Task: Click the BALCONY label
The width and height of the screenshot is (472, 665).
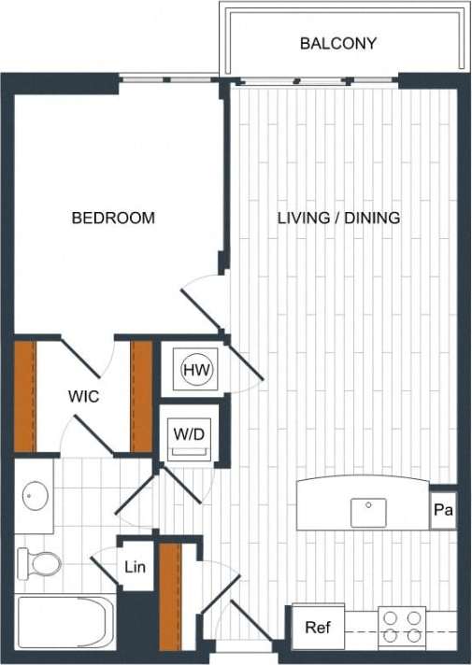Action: click(337, 43)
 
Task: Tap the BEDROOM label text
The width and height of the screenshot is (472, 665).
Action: click(113, 218)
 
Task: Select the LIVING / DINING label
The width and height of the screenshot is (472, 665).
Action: click(338, 218)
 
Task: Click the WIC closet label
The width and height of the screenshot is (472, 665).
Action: click(83, 396)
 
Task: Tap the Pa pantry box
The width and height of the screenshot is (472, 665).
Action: click(443, 510)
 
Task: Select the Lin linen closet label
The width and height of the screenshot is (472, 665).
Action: click(135, 567)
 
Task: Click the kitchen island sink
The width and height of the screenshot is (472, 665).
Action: click(368, 512)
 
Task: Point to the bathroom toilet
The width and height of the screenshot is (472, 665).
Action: click(39, 563)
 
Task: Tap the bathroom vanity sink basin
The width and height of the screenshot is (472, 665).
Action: click(36, 492)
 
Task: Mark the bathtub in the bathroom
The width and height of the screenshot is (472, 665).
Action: click(64, 621)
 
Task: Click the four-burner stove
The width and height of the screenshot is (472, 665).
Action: click(402, 627)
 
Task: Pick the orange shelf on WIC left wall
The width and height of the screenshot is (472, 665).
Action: click(25, 397)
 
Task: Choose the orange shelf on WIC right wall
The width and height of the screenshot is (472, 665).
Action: click(141, 397)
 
